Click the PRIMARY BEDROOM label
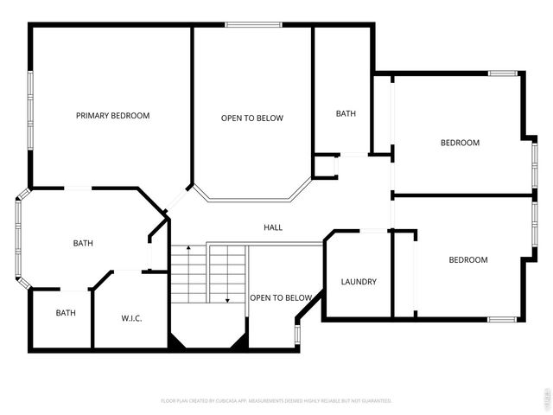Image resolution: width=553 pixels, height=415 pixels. point(112,116)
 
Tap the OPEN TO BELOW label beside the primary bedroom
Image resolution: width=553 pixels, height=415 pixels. point(251,118)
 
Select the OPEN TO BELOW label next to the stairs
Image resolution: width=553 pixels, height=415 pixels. point(281,298)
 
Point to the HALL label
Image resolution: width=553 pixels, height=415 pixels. point(273,227)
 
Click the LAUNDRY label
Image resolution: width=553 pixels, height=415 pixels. point(358,282)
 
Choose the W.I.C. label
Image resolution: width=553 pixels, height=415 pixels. point(130,318)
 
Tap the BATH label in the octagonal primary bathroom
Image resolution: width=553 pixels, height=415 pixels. point(83,244)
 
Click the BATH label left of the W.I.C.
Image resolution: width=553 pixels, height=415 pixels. point(66,313)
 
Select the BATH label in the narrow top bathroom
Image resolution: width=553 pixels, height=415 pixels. point(346,113)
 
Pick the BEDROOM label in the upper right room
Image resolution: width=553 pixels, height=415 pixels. point(460,143)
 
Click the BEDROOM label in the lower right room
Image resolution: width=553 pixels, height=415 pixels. point(467,259)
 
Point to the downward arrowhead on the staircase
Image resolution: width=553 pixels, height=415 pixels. point(227,299)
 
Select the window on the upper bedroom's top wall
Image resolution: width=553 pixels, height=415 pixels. point(503,73)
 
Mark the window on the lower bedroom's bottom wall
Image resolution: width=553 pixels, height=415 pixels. point(502,320)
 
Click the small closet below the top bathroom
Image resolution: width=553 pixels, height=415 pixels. point(324,166)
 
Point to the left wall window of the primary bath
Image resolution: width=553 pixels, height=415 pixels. point(17,239)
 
